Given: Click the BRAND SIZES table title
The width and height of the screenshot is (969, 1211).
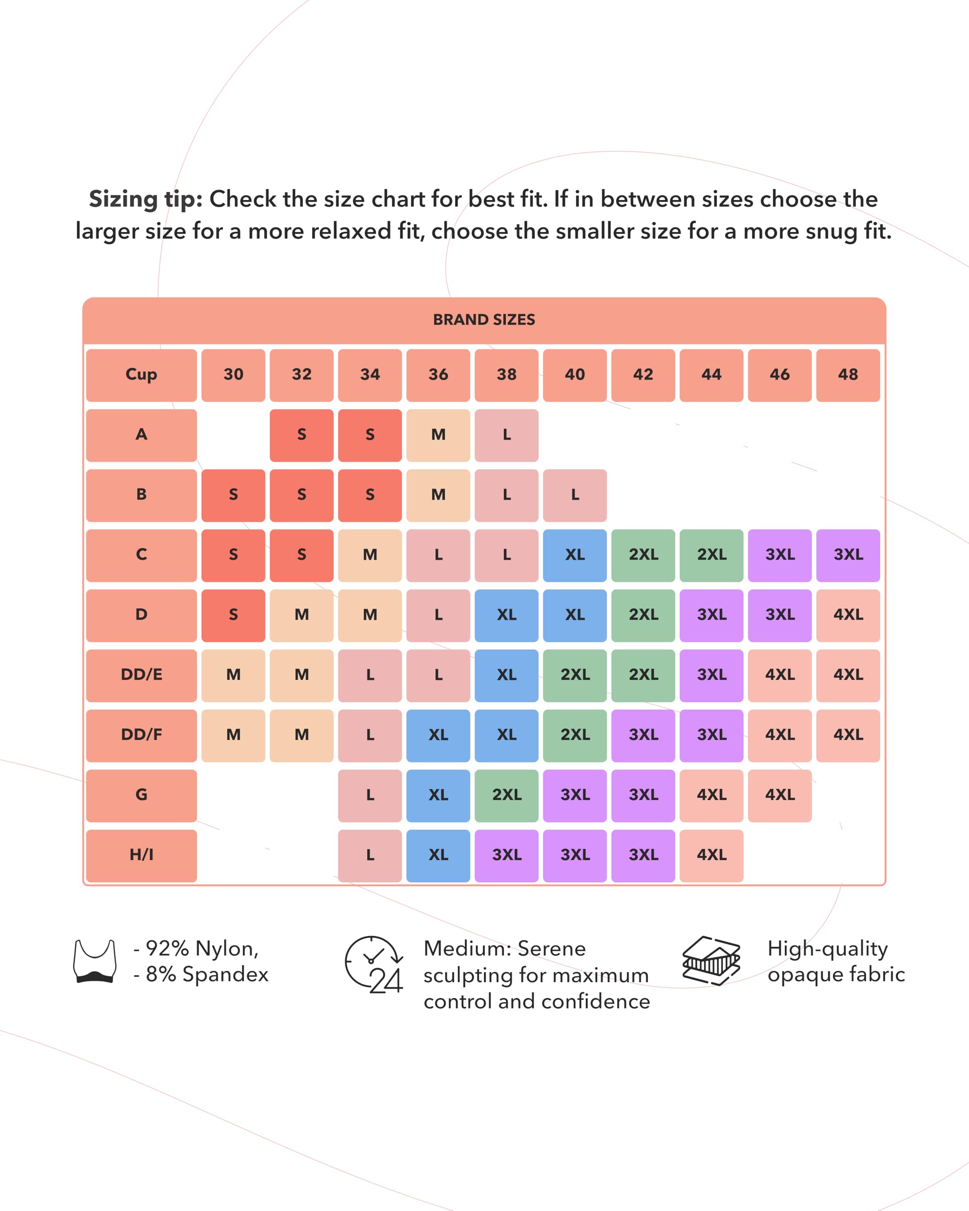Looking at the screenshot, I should pos(484,320).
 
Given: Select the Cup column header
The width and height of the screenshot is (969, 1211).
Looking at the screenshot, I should pos(141,375).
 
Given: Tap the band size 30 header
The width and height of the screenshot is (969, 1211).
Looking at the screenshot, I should pos(233,375).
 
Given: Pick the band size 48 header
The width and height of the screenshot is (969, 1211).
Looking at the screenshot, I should pos(848,375).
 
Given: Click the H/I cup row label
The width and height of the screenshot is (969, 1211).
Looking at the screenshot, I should pos(141,855).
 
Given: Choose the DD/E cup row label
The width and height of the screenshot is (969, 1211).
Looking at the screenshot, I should pos(141,675).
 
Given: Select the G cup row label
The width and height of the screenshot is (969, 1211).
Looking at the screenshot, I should pos(141,795).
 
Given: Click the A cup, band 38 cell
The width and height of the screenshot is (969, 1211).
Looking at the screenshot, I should pos(506,435).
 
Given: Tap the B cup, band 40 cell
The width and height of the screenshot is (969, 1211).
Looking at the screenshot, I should pos(575,495).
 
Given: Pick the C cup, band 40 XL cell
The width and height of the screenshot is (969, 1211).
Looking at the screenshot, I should pos(575,555).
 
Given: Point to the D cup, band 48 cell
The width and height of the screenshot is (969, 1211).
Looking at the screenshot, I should pos(848,615).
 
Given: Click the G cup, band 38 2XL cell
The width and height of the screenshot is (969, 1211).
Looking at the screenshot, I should pos(506,795).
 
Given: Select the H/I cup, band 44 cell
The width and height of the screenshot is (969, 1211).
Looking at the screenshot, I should pos(711,855).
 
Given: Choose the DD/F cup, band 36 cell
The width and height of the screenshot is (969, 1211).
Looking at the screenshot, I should pos(438,735).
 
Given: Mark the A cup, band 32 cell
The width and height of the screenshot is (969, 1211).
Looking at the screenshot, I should pos(302,435).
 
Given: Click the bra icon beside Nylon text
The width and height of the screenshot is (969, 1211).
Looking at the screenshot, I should pos(95,961).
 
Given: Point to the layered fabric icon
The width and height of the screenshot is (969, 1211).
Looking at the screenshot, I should pos(711,960).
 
